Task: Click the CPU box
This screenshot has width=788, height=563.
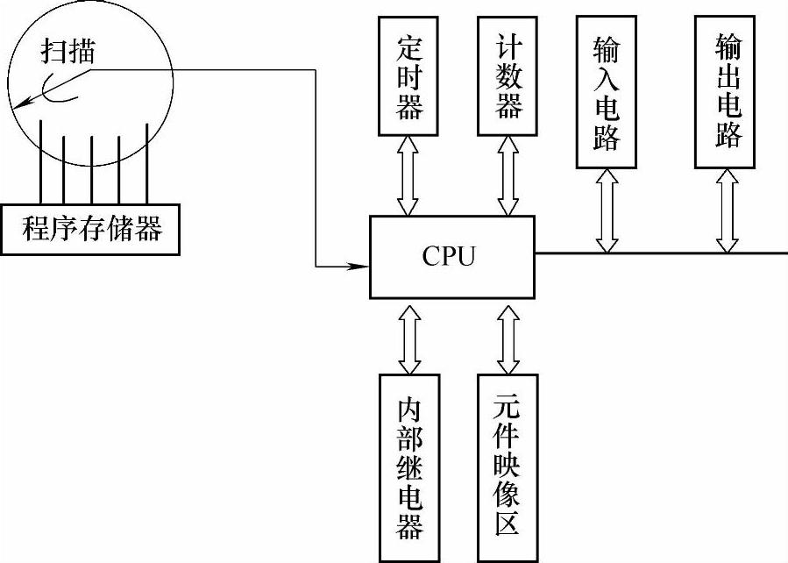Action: pos(451,256)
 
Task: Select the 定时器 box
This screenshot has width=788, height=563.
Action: pos(408,77)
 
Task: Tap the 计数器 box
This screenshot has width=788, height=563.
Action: pos(509,77)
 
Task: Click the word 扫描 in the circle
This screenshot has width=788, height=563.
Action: pos(69,52)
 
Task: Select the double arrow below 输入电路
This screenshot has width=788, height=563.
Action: pos(606,210)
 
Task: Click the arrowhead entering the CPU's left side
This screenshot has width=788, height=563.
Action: pos(359,264)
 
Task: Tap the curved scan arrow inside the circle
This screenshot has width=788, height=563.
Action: pos(44,93)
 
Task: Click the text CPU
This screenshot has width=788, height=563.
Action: pos(449,256)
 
